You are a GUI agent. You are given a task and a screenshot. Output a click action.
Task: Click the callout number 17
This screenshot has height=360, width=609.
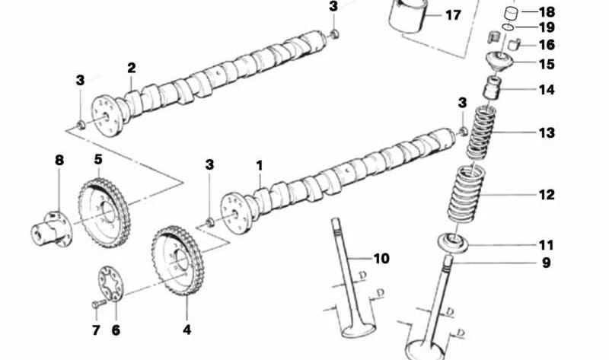[452, 15]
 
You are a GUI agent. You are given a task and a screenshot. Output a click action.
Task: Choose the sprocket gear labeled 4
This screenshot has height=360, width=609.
[177, 262]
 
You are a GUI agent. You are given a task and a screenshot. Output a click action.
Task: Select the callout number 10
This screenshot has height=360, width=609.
[381, 259]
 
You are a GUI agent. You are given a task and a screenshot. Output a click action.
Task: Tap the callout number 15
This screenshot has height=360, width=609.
[547, 65]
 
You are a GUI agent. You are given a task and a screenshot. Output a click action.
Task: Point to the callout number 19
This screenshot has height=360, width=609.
[547, 27]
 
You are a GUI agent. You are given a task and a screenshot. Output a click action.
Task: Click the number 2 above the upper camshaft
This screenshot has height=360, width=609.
[131, 68]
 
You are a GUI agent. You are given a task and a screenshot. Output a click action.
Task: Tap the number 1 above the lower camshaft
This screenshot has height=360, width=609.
[259, 164]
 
